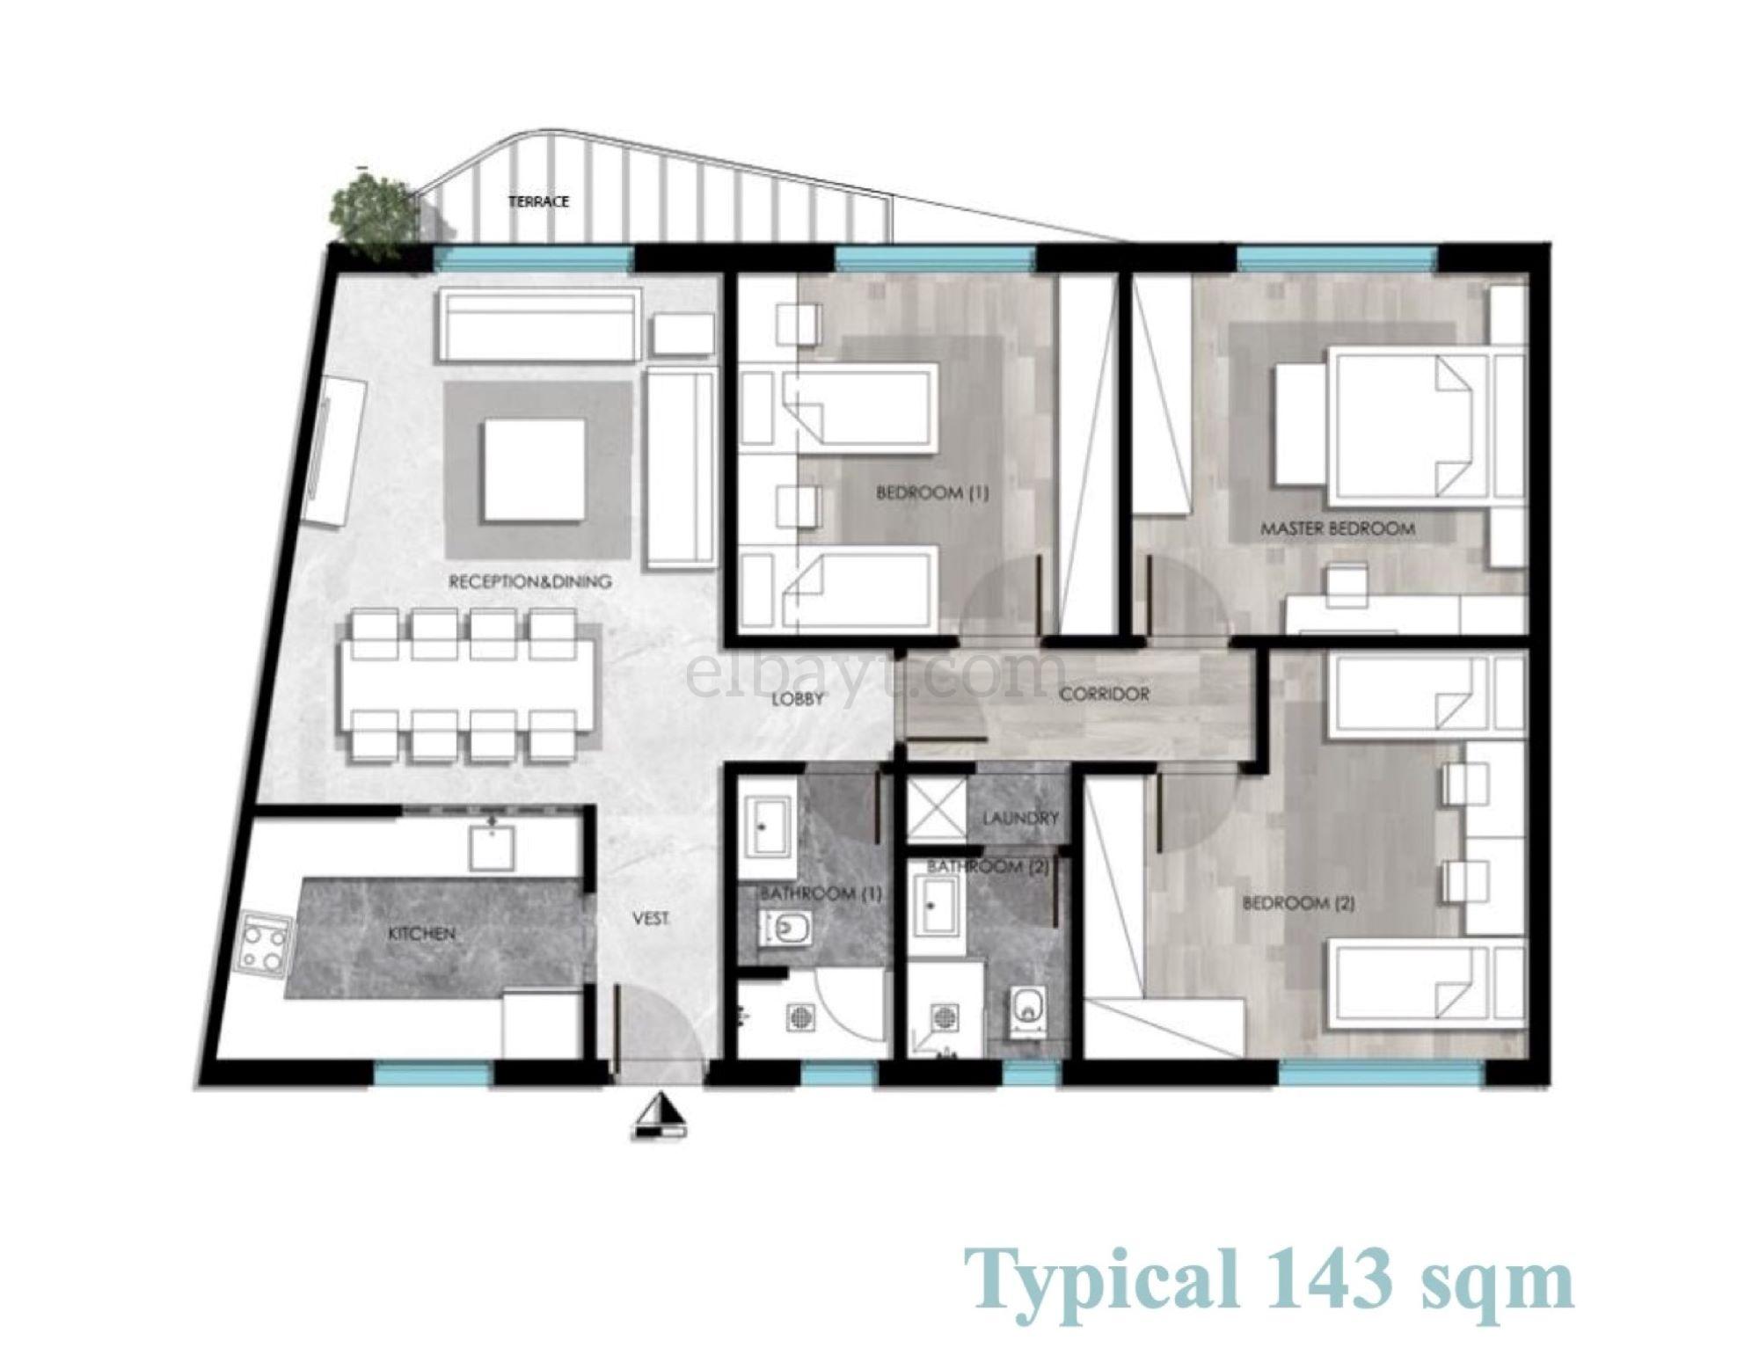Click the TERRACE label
coord(539,201)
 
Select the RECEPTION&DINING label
coord(530,582)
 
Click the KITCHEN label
coord(422,933)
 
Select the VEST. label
coord(652,919)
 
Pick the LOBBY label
coord(798,699)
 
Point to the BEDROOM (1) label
coord(932,493)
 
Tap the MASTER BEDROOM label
coord(1338,528)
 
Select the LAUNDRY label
coord(1020,818)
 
